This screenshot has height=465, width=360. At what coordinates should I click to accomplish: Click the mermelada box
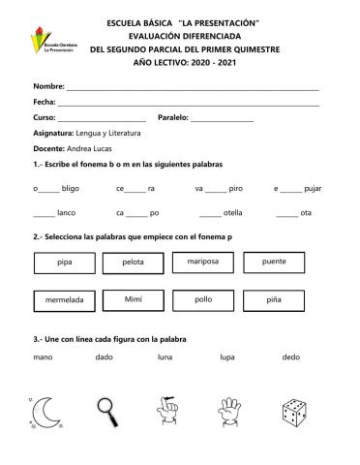[65, 301]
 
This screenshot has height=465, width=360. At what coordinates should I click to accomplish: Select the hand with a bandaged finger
[170, 413]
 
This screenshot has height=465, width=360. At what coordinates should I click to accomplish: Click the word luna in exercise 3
[165, 358]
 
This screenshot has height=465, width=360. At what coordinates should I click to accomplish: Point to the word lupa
[227, 358]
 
